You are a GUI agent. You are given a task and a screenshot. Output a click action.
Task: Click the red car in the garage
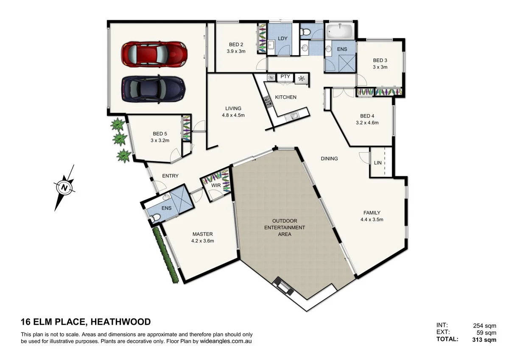tap(154, 54)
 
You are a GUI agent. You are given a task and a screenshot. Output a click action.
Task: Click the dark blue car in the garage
tap(154, 89)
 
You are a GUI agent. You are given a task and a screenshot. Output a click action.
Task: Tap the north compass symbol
tap(64, 187)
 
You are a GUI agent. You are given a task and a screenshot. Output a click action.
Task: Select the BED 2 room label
tap(236, 45)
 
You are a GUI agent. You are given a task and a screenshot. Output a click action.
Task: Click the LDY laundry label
tap(282, 39)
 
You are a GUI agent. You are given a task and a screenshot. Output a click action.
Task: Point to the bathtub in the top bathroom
tap(339, 31)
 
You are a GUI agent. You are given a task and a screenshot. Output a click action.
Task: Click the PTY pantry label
tap(285, 77)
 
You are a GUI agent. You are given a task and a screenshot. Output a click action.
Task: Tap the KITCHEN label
tap(285, 97)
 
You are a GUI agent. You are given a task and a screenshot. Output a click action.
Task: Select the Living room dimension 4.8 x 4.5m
tap(233, 115)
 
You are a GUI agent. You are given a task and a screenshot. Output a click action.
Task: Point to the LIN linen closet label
tap(378, 163)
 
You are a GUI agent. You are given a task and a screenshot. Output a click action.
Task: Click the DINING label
tap(329, 159)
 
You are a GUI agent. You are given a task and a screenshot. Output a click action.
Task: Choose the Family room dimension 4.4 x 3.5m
tap(372, 220)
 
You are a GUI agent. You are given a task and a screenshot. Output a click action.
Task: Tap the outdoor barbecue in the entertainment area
tap(283, 287)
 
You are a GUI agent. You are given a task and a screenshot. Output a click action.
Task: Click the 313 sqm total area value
tap(484, 339)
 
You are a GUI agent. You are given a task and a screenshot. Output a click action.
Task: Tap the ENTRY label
tap(170, 176)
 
